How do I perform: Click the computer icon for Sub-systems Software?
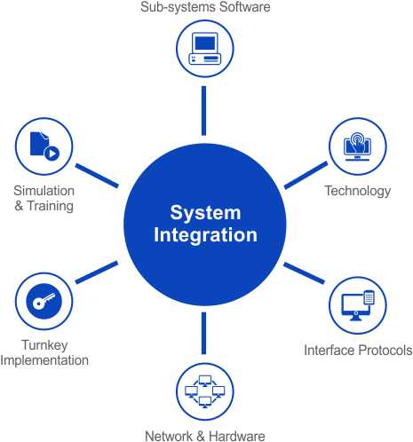tap(204, 49)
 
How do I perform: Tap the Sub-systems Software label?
tap(205, 7)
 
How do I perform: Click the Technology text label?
tap(357, 191)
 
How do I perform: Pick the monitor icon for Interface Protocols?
tap(357, 304)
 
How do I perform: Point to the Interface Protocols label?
tap(358, 350)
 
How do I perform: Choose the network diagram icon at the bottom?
tap(204, 391)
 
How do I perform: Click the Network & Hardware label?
tap(205, 435)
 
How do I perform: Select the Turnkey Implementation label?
tap(44, 352)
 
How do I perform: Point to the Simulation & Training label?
tap(44, 198)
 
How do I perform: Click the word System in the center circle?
tap(205, 213)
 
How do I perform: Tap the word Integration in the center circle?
tap(205, 235)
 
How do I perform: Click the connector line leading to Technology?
tap(305, 176)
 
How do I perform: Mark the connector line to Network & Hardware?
tap(204, 334)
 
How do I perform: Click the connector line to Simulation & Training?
tap(97, 176)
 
